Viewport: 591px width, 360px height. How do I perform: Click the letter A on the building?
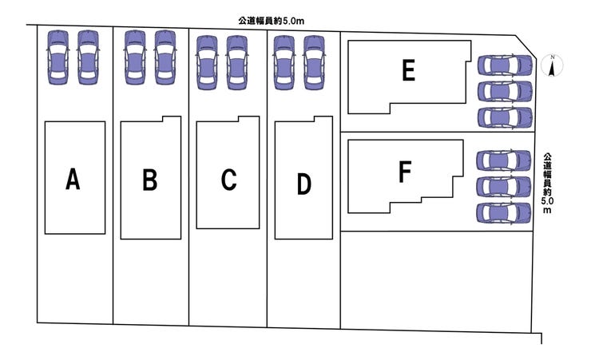[73, 179]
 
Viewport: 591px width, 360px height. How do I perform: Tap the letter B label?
[150, 180]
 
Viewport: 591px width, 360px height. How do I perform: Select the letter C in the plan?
[228, 180]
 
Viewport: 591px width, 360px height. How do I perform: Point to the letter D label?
[304, 184]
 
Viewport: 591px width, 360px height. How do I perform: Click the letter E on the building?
[409, 70]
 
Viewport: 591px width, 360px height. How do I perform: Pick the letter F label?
[405, 172]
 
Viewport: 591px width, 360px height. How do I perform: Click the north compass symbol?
[552, 65]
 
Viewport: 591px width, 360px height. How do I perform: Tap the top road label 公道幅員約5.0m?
[271, 21]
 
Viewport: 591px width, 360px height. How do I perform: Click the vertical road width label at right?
[547, 183]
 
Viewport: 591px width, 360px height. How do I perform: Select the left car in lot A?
[58, 57]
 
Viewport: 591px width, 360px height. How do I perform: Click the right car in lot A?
[88, 57]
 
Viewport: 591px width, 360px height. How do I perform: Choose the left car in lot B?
[135, 57]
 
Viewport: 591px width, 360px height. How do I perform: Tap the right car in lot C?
[237, 62]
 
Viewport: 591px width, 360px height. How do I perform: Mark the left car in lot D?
[284, 62]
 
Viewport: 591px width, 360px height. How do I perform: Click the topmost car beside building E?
[505, 65]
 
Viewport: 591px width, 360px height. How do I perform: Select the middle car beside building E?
[505, 91]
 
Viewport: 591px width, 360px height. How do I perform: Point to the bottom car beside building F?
[504, 213]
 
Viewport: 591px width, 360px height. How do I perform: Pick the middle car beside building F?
[504, 187]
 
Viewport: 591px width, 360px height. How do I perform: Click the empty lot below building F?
[437, 281]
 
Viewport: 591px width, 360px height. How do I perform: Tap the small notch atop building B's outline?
[172, 119]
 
